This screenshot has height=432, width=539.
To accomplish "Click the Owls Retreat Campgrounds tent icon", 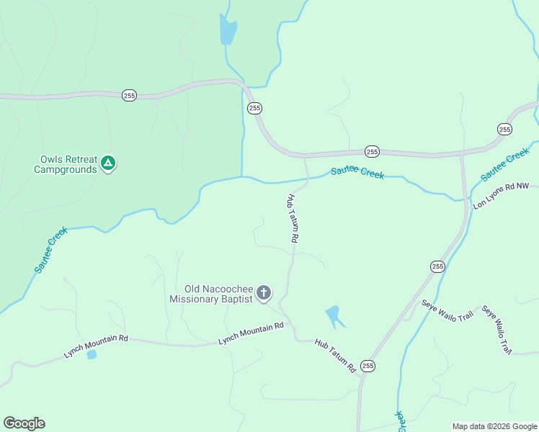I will tap(107, 163).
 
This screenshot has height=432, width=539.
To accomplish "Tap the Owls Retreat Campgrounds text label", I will tap(66, 165).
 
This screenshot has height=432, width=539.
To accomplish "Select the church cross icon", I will tap(264, 293).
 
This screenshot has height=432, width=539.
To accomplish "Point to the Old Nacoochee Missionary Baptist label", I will tap(211, 294).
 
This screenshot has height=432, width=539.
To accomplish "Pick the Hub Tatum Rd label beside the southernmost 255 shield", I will tap(335, 356).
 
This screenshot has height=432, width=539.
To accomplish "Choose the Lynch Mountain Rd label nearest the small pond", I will tap(96, 344).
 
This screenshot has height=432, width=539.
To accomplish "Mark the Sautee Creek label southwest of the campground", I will tap(51, 250).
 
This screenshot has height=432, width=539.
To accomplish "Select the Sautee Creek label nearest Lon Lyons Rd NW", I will tap(505, 165).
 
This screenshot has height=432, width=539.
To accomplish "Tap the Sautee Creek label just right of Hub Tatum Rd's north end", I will tap(357, 174).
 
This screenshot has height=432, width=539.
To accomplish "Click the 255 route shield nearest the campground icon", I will tap(129, 95).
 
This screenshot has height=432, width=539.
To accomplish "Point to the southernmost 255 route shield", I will tap(368, 366).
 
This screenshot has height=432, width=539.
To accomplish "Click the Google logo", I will tap(24, 423).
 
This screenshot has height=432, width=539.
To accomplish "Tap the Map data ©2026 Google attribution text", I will tap(494, 426).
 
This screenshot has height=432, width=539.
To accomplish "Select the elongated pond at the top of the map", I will tap(228, 30).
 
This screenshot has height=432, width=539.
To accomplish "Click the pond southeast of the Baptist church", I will tap(333, 315).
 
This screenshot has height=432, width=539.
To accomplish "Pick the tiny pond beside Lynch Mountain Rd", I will tap(91, 354).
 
